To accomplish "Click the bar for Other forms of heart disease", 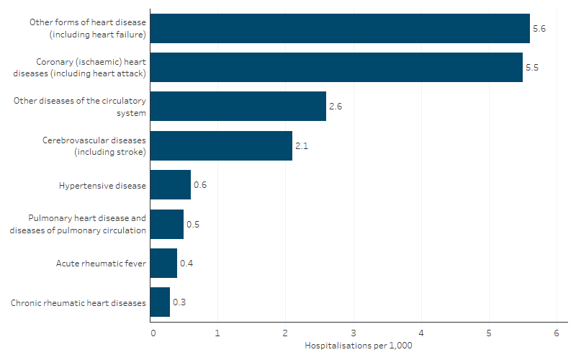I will pyautogui.click(x=340, y=28).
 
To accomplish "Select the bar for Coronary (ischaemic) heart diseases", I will pyautogui.click(x=336, y=67).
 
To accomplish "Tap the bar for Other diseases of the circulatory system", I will pyautogui.click(x=238, y=106).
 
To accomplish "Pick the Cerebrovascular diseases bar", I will pyautogui.click(x=222, y=145).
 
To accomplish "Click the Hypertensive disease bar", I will pyautogui.click(x=171, y=185).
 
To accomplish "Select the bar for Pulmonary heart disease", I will pyautogui.click(x=167, y=224).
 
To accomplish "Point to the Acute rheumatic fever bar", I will pyautogui.click(x=163, y=264).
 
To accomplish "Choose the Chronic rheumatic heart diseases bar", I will pyautogui.click(x=160, y=302).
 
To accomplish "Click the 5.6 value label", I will pyautogui.click(x=539, y=28).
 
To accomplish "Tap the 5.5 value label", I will pyautogui.click(x=532, y=67).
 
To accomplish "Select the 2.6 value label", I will pyautogui.click(x=336, y=107).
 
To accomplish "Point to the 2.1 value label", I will pyautogui.click(x=302, y=145).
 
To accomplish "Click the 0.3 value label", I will pyautogui.click(x=179, y=302).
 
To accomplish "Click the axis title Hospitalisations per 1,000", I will pyautogui.click(x=358, y=346).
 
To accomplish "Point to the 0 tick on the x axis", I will pyautogui.click(x=153, y=333).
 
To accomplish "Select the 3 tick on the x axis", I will pyautogui.click(x=354, y=333).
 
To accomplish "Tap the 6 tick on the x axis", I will pyautogui.click(x=556, y=333).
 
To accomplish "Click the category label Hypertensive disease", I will pyautogui.click(x=102, y=185).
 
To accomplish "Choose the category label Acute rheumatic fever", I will pyautogui.click(x=101, y=264).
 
